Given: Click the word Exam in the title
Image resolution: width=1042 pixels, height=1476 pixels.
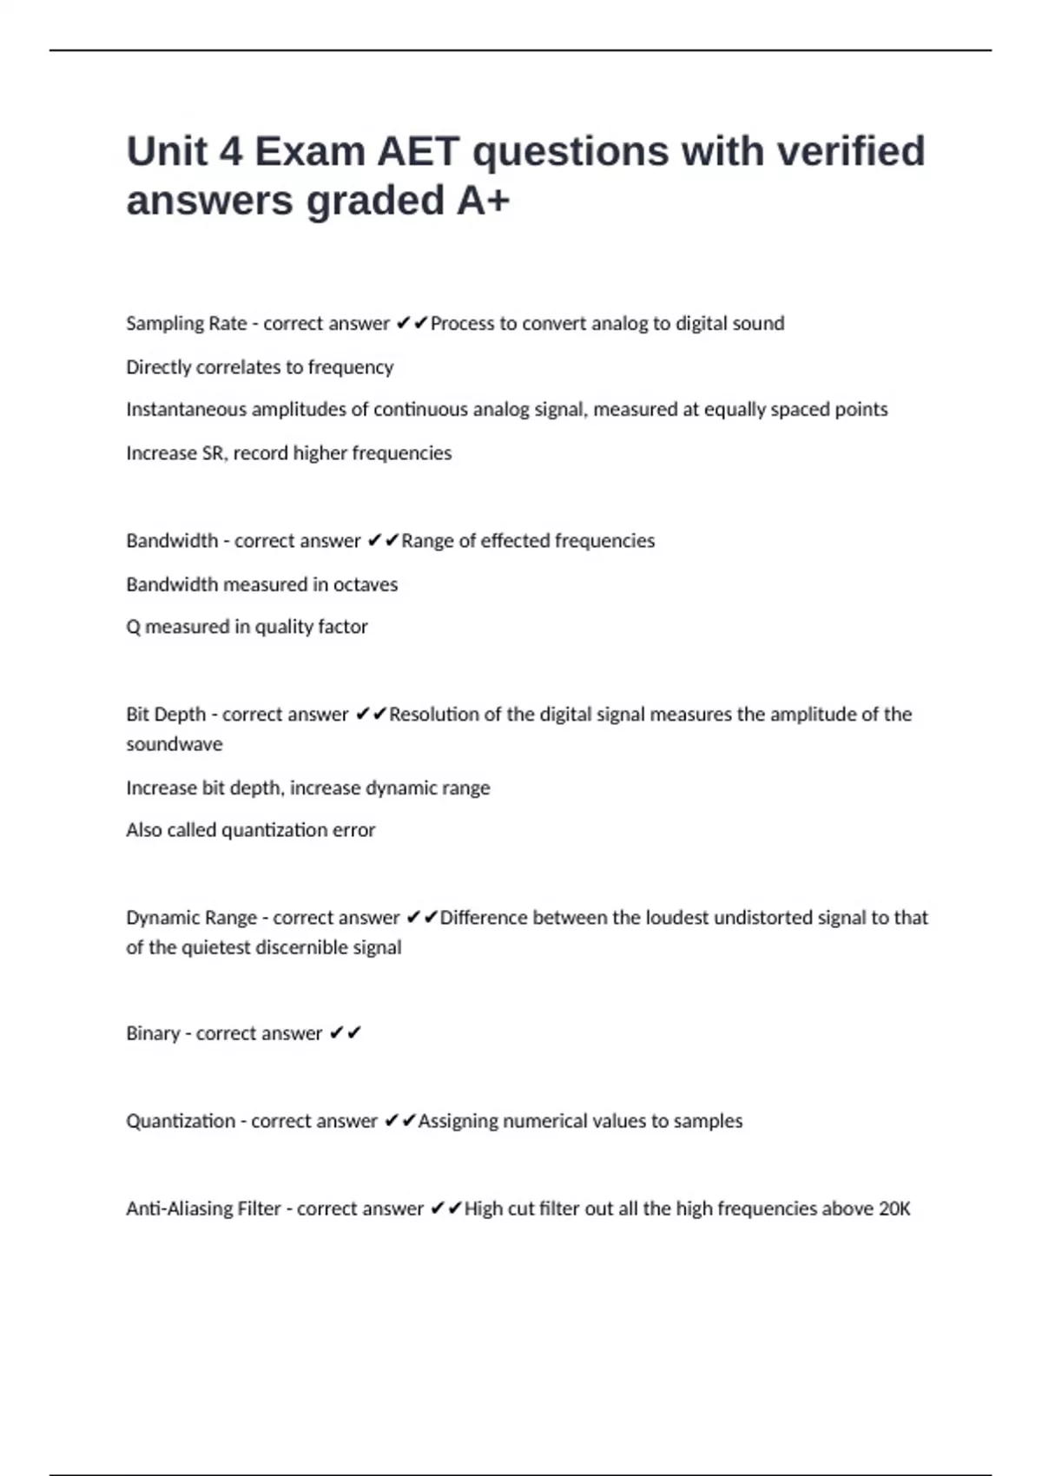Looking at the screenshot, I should (x=309, y=152).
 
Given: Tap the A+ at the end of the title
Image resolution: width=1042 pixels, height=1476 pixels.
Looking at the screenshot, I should (x=483, y=201).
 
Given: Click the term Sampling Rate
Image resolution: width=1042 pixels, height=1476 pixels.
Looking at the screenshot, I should (x=186, y=324).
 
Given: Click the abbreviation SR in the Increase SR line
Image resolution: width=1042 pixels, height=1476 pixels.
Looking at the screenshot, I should (x=213, y=453).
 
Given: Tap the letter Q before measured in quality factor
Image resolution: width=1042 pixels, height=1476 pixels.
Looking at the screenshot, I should (x=133, y=627).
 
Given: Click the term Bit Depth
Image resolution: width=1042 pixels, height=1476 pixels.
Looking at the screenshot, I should (x=166, y=715).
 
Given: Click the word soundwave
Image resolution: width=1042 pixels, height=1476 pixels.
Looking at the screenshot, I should (x=174, y=744).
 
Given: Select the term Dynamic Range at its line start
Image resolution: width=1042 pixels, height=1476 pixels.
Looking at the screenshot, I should (x=191, y=918).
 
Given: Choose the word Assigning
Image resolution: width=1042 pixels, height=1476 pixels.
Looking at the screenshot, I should (x=458, y=1122).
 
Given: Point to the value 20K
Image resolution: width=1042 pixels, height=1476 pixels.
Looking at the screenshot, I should (x=894, y=1209).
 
